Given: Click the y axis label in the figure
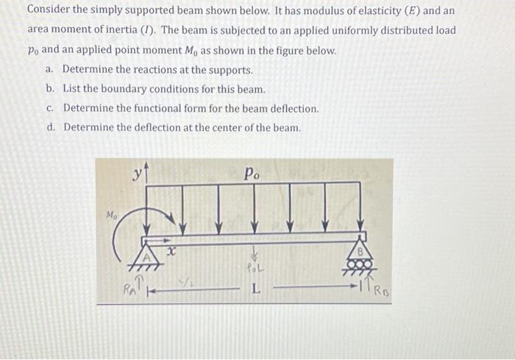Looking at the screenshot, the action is point(138,174).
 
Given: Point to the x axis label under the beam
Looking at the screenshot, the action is point(171,252).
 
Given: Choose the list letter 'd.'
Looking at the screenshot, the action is point(51,127).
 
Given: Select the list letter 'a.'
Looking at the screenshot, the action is point(50,70).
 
